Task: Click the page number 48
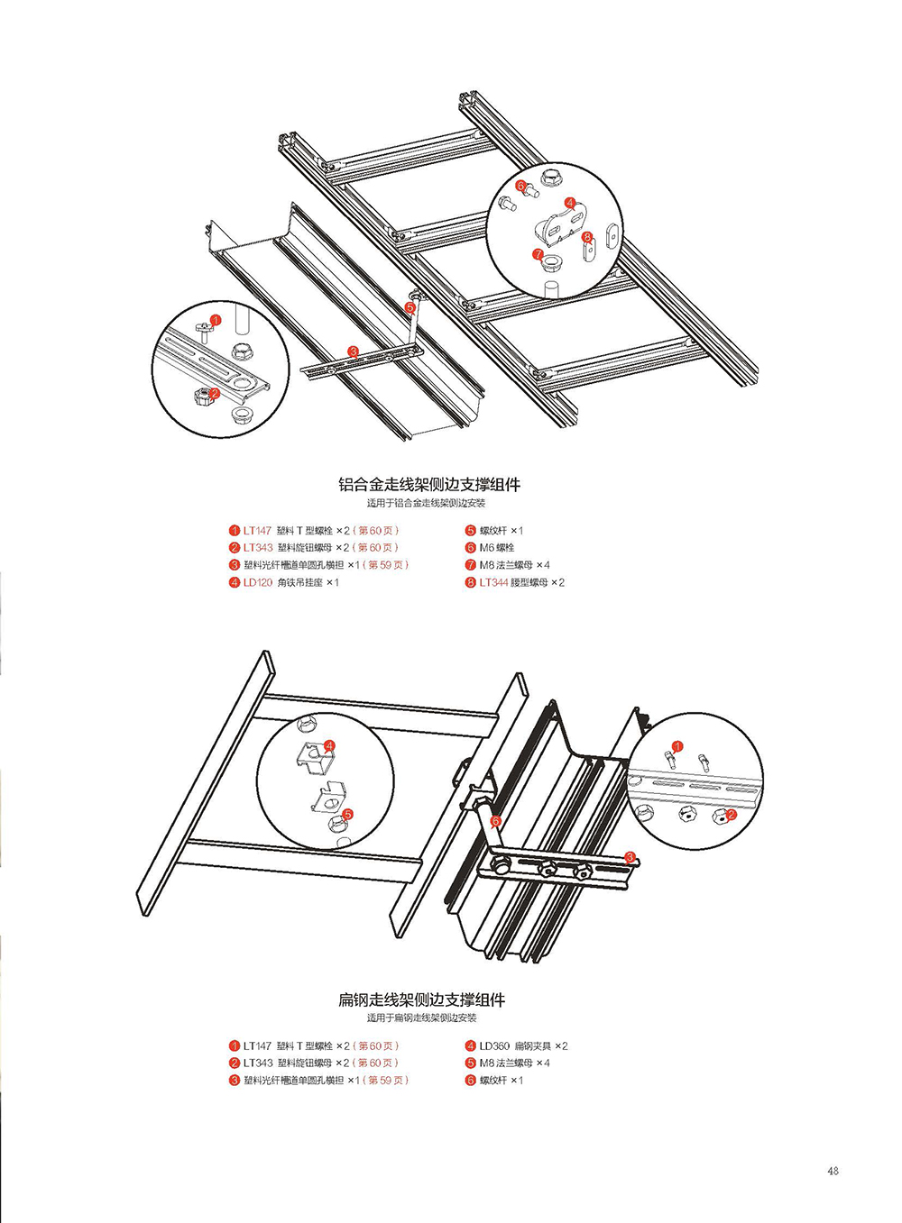click(833, 1171)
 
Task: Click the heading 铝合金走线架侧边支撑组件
click(429, 484)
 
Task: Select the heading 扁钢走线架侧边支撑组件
click(421, 999)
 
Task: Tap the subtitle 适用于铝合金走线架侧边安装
click(426, 503)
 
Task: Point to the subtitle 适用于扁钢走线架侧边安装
click(421, 1018)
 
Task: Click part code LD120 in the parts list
click(257, 582)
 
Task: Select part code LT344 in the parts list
click(493, 582)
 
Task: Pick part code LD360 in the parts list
click(494, 1046)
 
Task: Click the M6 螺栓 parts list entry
click(496, 548)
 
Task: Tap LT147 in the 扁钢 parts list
click(257, 1046)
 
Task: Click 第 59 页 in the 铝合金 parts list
click(388, 565)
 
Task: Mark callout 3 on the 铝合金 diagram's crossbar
click(353, 351)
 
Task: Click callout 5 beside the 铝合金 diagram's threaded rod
click(410, 307)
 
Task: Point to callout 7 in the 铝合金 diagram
click(538, 255)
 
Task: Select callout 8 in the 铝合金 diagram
click(587, 237)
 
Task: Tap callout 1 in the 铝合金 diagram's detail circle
click(215, 320)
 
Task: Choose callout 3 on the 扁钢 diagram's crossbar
click(630, 857)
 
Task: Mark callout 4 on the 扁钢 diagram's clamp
click(329, 746)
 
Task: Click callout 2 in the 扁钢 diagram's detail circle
click(732, 815)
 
